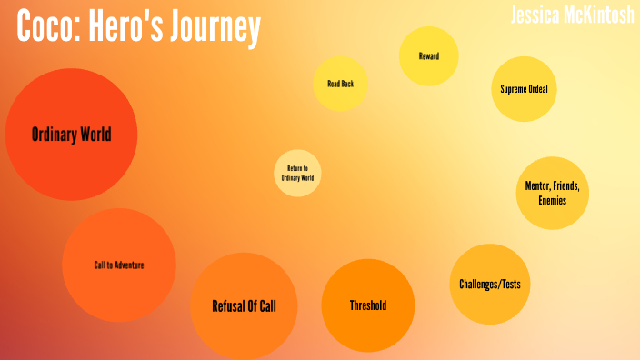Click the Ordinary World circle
pos(71,135)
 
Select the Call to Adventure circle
pos(119,265)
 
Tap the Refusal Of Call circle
pos(244,305)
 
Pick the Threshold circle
pos(368,305)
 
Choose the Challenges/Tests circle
pos(490,284)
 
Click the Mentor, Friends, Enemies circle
pos(552,193)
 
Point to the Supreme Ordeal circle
pos(524,89)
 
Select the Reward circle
pos(429,56)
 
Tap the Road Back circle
pos(341,84)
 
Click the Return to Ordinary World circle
pos(298,173)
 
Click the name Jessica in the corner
pos(539,15)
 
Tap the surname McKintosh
pos(602,15)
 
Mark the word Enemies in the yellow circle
pos(552,200)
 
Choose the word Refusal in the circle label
pos(229,305)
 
